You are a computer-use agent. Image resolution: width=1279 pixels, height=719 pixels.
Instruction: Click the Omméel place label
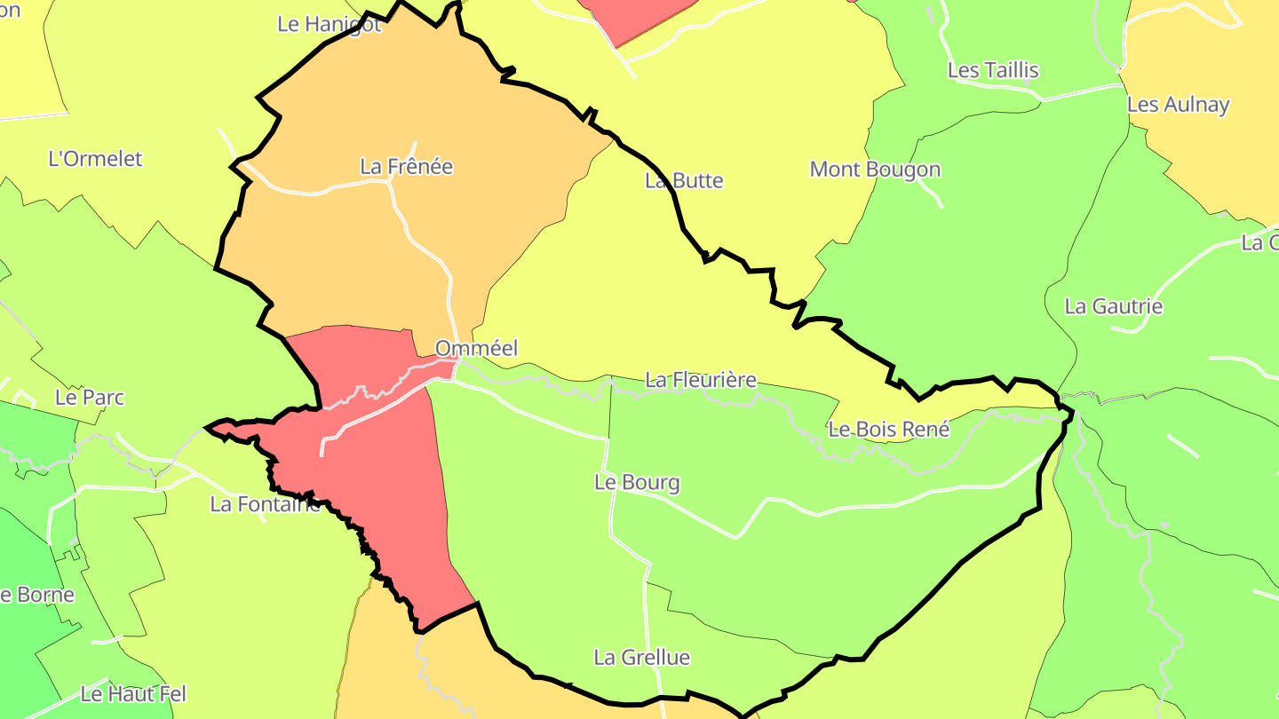[x=476, y=348]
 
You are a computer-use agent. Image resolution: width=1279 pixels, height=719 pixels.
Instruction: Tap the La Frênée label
[x=406, y=166]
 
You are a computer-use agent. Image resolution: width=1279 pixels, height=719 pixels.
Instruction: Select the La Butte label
[x=684, y=180]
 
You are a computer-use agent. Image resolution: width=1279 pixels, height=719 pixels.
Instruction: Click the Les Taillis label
[x=993, y=70]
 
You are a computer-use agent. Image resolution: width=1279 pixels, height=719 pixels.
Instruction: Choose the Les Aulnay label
[x=1178, y=104]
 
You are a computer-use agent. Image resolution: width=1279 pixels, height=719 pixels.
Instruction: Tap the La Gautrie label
[x=1113, y=306]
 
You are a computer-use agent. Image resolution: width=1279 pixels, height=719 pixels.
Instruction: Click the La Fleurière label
[x=701, y=380]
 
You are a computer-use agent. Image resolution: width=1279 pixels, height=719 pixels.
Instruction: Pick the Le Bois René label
[x=888, y=430]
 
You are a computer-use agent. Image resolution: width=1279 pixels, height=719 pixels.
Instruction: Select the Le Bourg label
[x=637, y=483]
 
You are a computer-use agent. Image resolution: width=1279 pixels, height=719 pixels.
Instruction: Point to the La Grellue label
[x=641, y=658]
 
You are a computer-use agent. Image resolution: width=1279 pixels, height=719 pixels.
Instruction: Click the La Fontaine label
[x=264, y=504]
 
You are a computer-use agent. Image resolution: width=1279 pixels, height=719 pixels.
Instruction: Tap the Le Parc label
[x=90, y=397]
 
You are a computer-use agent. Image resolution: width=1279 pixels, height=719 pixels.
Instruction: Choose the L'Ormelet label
[x=95, y=159]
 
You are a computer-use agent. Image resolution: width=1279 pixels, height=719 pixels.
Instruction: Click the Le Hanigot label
[x=329, y=24]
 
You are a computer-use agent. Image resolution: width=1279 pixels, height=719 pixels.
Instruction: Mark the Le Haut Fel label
[x=133, y=693]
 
